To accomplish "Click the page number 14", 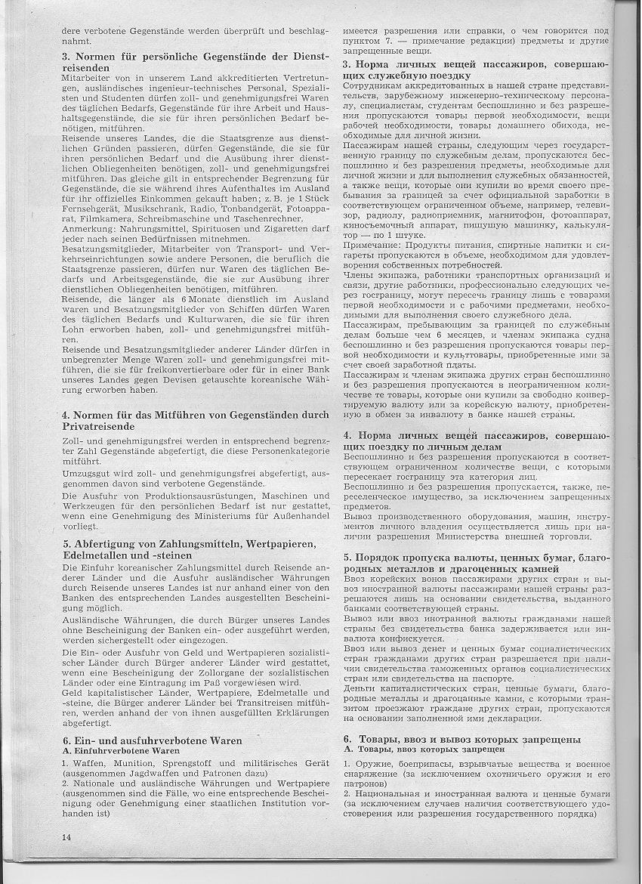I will pos(66,837).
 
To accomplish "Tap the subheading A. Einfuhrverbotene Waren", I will pos(121,751).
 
